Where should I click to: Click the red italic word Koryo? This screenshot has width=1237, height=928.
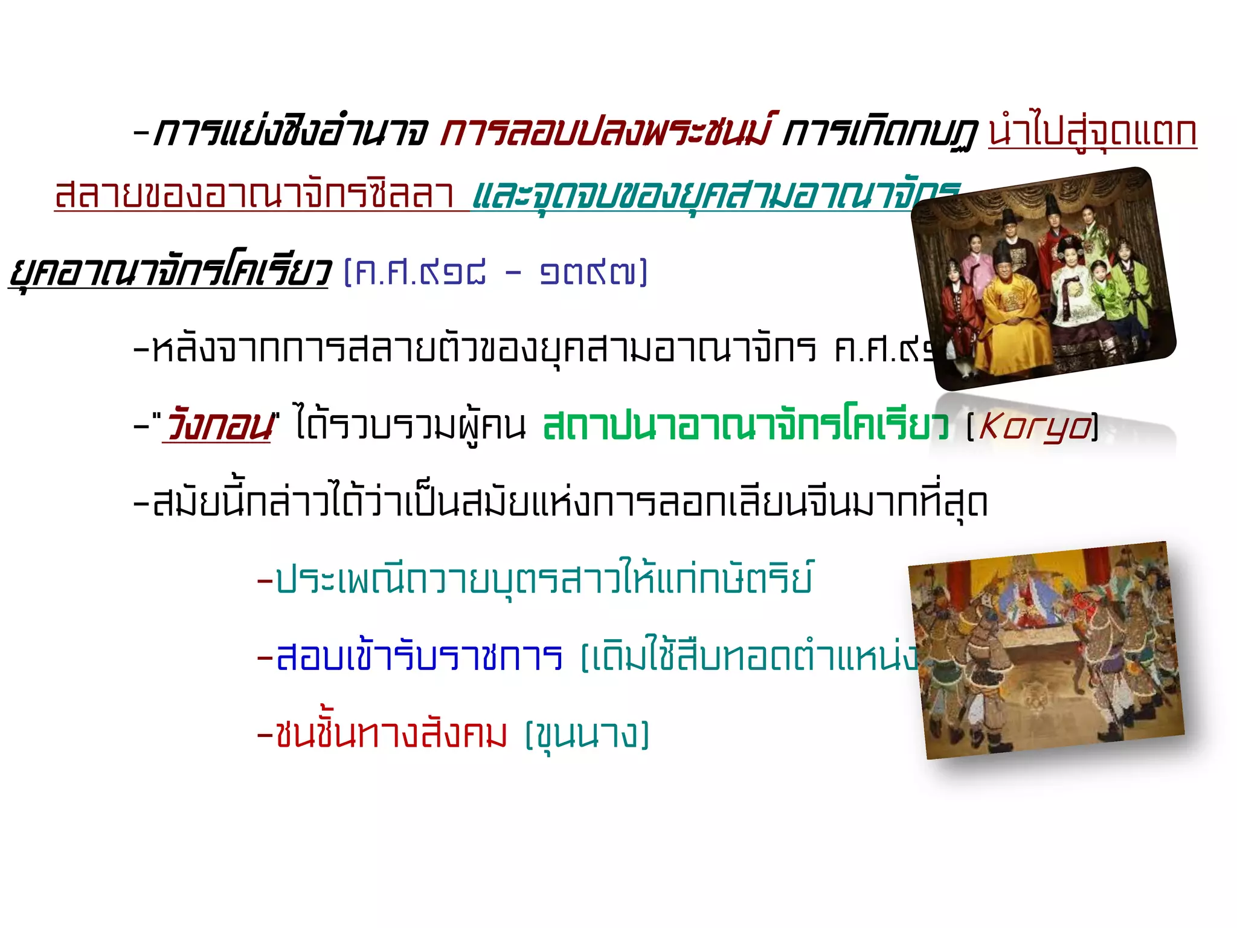[1034, 427]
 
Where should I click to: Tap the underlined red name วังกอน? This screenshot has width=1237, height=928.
[219, 425]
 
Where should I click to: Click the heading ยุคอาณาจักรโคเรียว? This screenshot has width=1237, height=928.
[170, 272]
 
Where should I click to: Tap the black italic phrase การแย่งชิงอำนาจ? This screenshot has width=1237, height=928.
[290, 131]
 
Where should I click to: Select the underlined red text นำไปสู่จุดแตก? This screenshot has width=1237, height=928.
[1092, 131]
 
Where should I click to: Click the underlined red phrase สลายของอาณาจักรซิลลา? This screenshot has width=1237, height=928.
[254, 195]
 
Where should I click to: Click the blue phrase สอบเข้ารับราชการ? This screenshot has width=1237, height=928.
[419, 657]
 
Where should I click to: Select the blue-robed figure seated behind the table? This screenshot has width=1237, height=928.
[1027, 598]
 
